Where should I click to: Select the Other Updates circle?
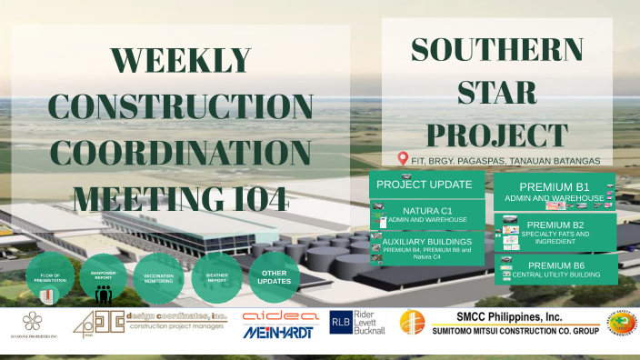pyautogui.click(x=274, y=276)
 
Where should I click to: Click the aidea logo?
pyautogui.click(x=280, y=315)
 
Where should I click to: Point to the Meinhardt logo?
pyautogui.click(x=278, y=333)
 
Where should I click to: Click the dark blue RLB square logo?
pyautogui.click(x=341, y=323)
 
